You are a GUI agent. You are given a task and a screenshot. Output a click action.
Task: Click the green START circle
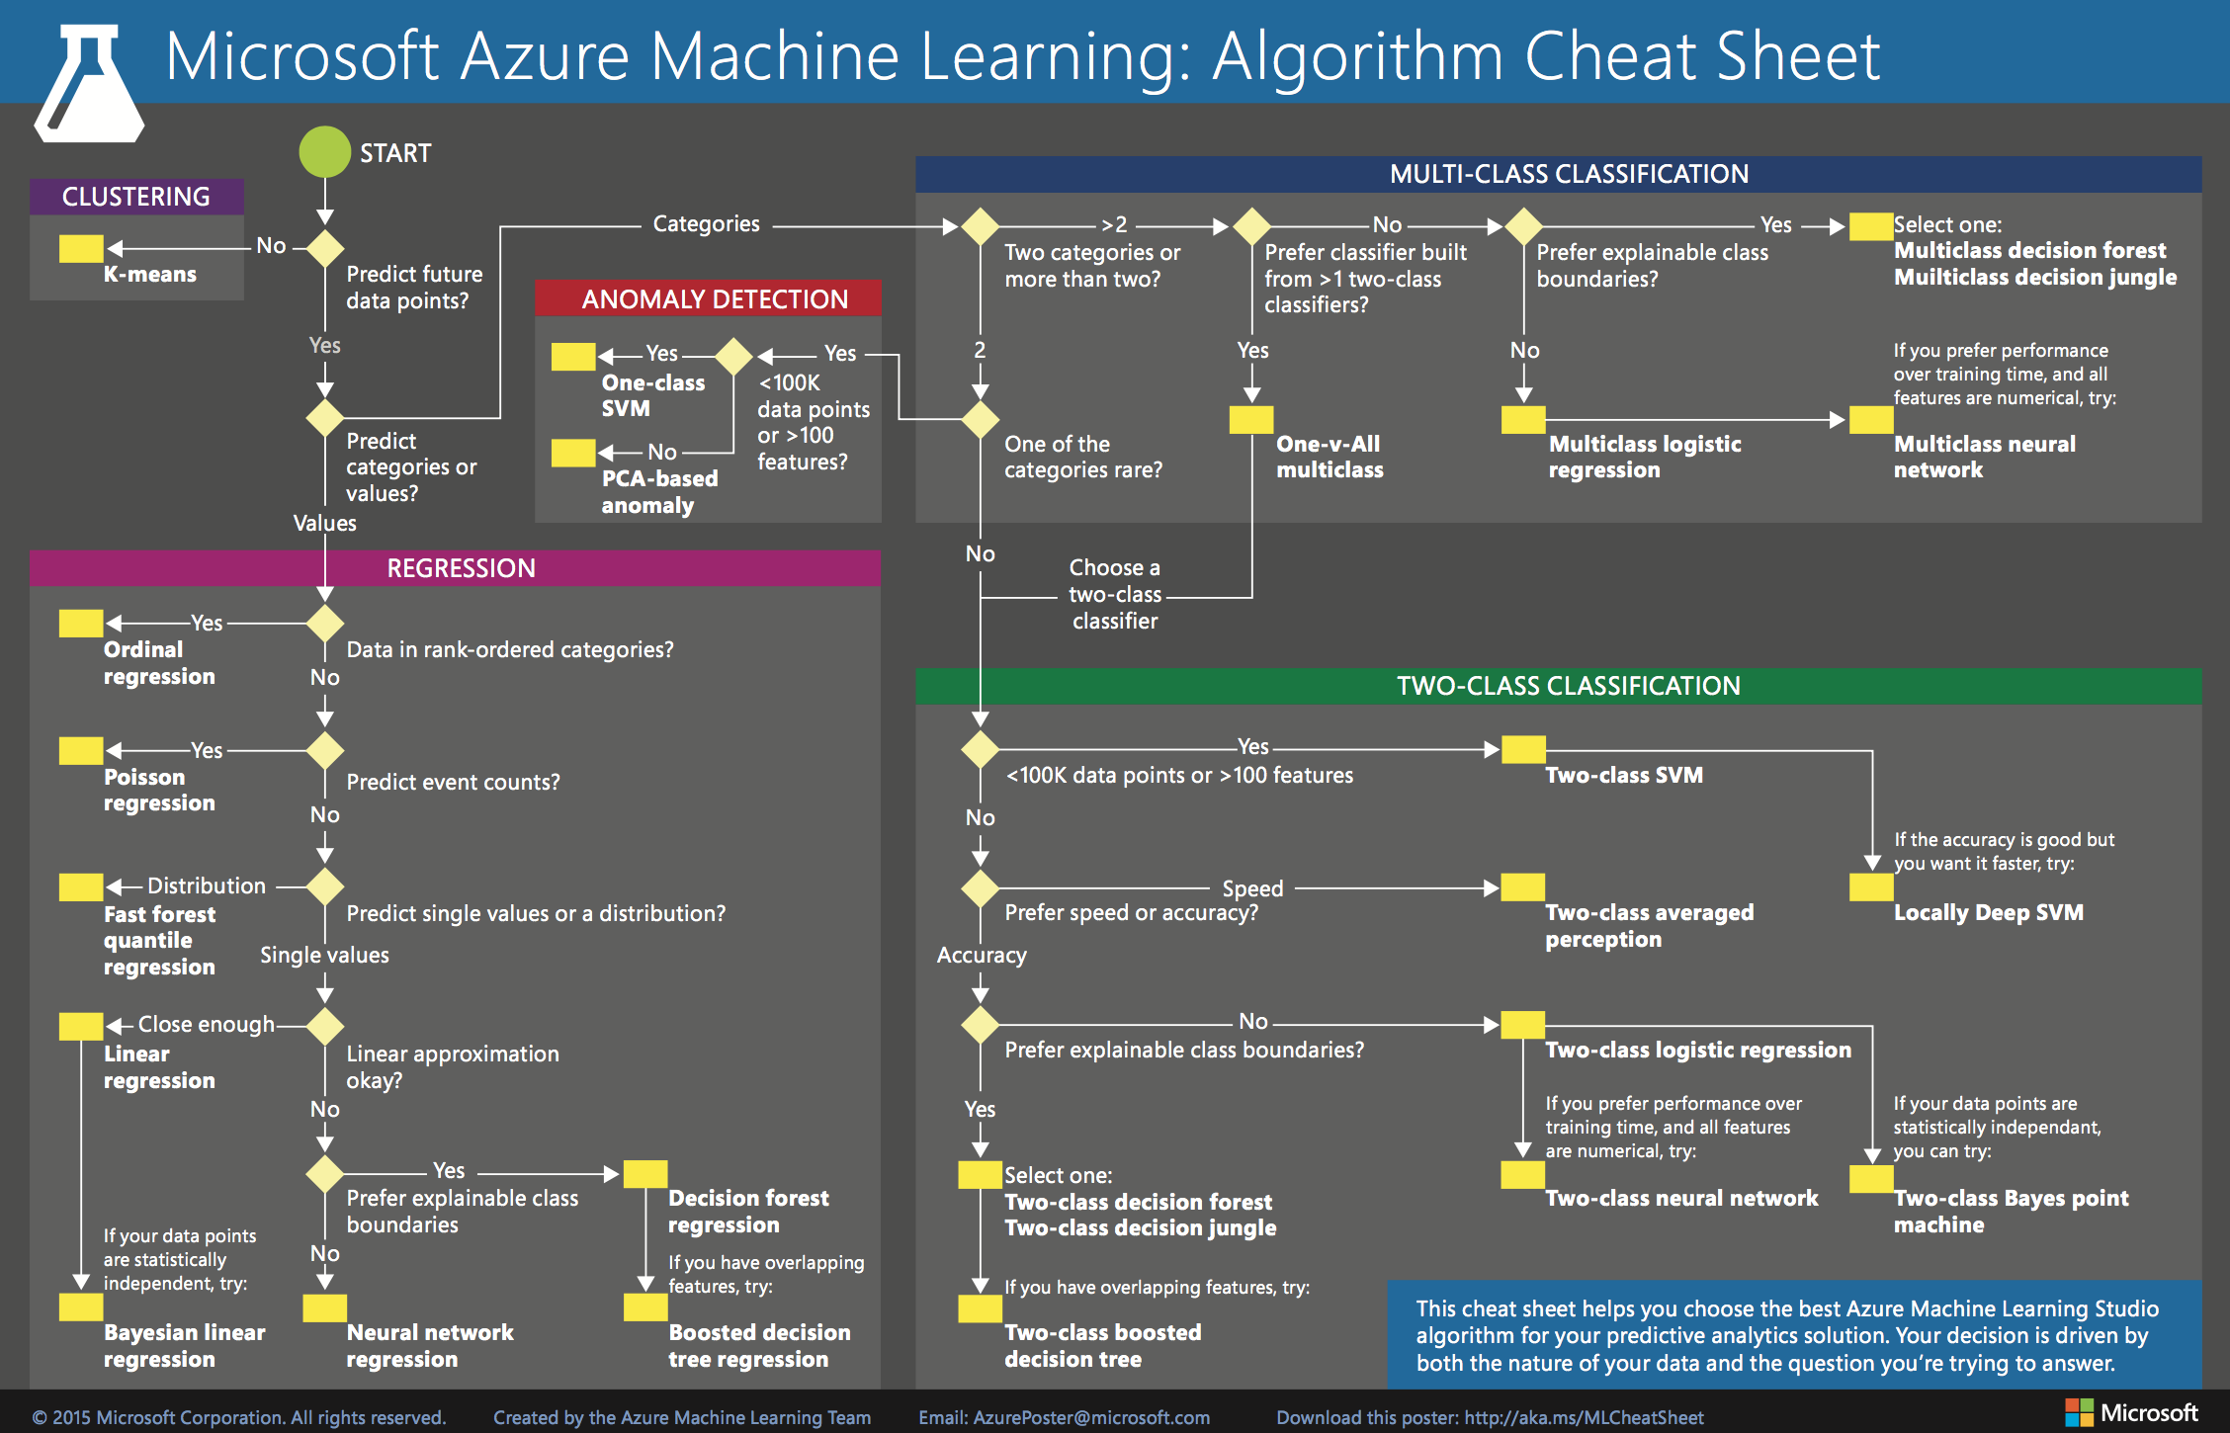tap(325, 152)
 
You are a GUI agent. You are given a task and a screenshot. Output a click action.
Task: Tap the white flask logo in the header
tap(89, 85)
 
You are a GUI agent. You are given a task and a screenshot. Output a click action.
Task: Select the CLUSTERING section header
tap(136, 197)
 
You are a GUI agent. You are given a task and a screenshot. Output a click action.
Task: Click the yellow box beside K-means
tap(81, 248)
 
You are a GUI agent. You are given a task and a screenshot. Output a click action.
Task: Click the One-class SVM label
tap(653, 395)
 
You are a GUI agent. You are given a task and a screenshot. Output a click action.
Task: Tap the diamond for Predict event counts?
tap(325, 751)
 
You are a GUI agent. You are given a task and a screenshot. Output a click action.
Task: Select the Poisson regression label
tap(158, 790)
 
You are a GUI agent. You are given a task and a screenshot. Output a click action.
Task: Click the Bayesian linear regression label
tap(184, 1345)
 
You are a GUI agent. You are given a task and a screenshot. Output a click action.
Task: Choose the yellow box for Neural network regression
tap(324, 1307)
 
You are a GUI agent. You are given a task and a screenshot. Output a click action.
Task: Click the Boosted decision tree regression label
tap(758, 1345)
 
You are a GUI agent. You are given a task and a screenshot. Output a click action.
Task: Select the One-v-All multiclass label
tap(1329, 457)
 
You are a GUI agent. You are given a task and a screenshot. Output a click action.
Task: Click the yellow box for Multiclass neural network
tap(1870, 420)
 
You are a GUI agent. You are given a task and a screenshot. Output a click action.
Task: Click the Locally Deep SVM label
tap(1988, 912)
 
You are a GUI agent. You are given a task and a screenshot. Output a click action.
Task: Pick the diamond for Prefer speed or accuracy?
tap(980, 887)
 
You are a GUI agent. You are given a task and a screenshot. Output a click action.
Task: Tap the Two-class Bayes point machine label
tap(2010, 1211)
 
